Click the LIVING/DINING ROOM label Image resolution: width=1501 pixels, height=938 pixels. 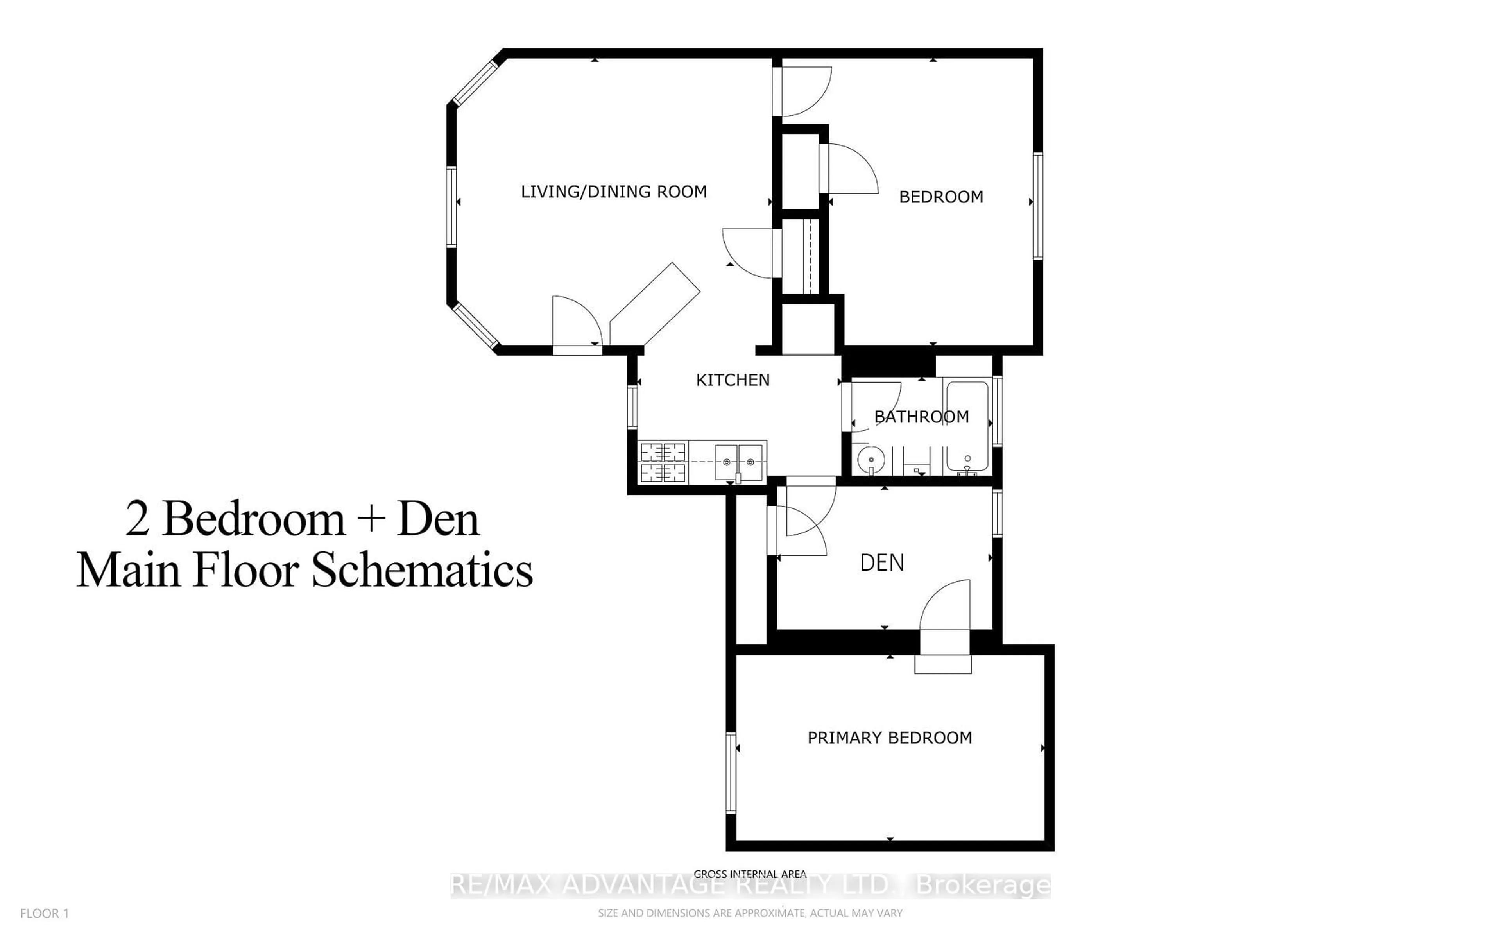(x=613, y=192)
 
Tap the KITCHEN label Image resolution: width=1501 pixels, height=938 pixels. (x=733, y=379)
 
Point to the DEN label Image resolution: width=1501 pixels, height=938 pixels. (x=881, y=563)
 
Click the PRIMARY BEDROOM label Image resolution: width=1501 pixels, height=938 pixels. (x=889, y=738)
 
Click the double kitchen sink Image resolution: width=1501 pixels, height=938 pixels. (x=739, y=462)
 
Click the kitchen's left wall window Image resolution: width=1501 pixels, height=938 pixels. (x=633, y=407)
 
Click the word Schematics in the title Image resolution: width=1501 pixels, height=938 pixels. (x=422, y=571)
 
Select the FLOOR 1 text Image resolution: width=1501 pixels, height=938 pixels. (x=45, y=913)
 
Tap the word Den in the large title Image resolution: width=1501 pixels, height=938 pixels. (x=438, y=519)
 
